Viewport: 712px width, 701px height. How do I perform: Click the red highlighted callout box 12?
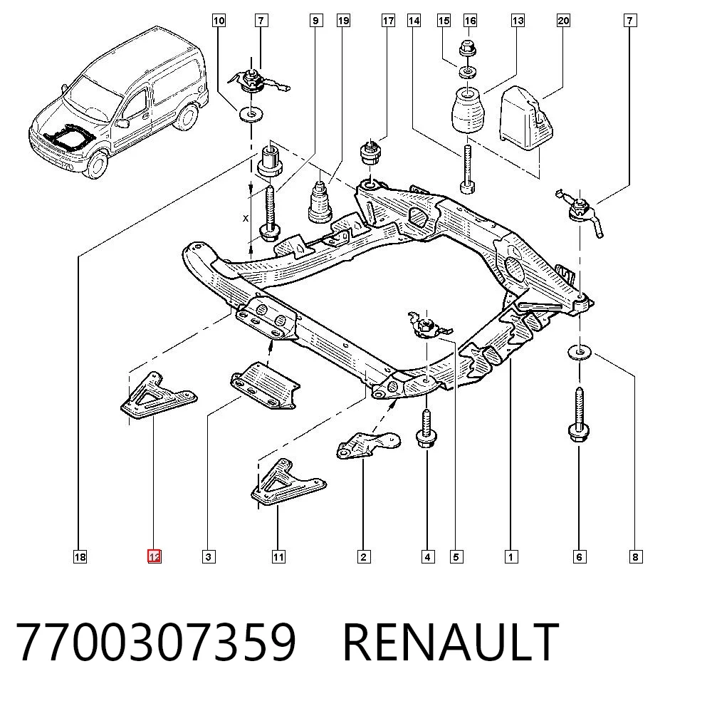coord(154,556)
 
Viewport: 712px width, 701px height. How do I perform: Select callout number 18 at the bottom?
coord(80,556)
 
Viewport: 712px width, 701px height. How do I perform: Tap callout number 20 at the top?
coord(563,21)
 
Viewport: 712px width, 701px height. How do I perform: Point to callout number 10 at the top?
coord(219,21)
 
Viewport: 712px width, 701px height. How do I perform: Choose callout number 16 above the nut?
coord(470,21)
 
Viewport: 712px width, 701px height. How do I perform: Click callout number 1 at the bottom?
coord(511,556)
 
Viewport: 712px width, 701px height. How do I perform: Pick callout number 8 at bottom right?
coord(635,556)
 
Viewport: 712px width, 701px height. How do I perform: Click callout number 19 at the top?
coord(343,21)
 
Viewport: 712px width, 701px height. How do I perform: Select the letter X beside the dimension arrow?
coord(246,219)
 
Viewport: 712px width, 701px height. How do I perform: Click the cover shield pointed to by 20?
coord(527,118)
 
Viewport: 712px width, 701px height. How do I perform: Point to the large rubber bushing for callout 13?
coord(468,110)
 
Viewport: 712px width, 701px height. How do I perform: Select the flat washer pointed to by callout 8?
coord(579,352)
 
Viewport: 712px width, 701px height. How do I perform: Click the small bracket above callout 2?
coord(368,445)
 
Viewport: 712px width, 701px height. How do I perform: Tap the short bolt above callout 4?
coord(426,428)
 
